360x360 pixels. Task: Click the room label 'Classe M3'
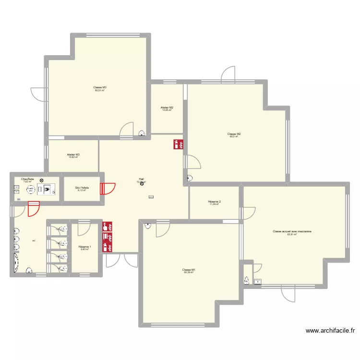pos(100,87)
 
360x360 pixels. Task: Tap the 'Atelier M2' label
pos(167,107)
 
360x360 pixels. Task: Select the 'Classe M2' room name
pos(234,133)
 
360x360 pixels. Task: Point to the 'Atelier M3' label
pos(73,154)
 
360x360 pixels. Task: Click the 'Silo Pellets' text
pos(82,187)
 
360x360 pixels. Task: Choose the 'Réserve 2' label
pos(214,201)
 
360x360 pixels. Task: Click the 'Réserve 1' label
pos(85,247)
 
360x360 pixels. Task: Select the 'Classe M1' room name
pos(189,270)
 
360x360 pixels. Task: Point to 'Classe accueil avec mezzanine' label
pos(292,231)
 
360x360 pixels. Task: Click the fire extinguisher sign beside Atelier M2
pos(178,144)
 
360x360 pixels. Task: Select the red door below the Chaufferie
pos(34,209)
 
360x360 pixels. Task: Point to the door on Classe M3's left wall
pos(37,94)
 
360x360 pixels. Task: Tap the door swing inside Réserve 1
pos(83,228)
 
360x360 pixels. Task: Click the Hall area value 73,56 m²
pos(141,182)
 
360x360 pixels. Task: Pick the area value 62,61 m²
pos(292,235)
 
